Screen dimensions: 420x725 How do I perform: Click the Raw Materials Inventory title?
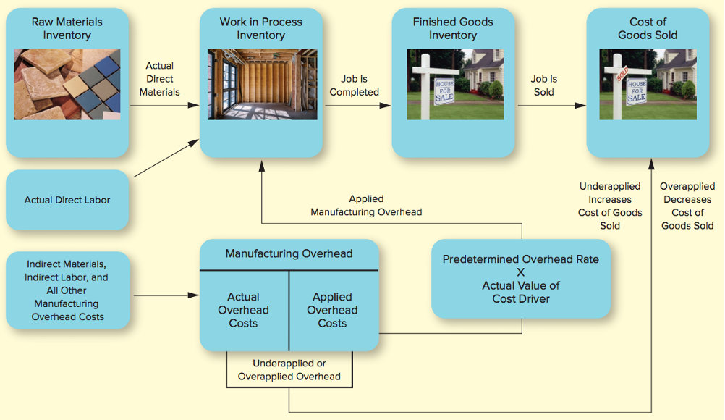(x=67, y=28)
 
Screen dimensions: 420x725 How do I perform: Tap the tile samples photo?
(x=67, y=84)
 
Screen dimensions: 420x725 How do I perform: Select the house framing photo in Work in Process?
(x=262, y=84)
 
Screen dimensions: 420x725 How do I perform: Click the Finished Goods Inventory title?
(x=453, y=28)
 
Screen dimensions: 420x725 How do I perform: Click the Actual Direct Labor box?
(x=67, y=200)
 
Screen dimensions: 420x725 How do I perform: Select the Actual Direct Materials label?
(x=160, y=79)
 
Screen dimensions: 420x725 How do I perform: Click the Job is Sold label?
(x=543, y=85)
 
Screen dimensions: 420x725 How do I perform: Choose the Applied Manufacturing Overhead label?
(x=366, y=206)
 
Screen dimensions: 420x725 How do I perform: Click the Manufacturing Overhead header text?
(x=289, y=253)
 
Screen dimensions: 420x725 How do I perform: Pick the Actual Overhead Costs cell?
(x=243, y=310)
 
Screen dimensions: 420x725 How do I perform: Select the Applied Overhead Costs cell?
(x=332, y=310)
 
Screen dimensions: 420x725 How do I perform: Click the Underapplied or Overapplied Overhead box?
(x=289, y=369)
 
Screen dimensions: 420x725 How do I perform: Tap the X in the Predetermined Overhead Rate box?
(x=520, y=272)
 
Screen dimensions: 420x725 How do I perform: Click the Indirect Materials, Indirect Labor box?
(x=67, y=290)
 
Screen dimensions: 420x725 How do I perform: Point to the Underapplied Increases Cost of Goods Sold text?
(x=610, y=206)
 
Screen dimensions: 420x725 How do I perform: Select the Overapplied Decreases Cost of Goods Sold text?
(x=687, y=206)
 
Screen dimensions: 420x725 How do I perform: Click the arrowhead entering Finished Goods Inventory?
(x=386, y=105)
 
